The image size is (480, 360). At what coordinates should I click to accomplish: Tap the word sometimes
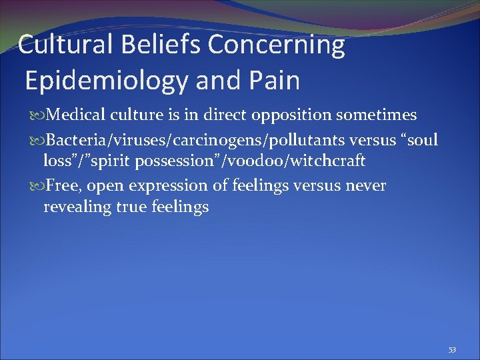tap(377, 115)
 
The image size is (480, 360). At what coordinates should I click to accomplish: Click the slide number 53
tap(453, 349)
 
